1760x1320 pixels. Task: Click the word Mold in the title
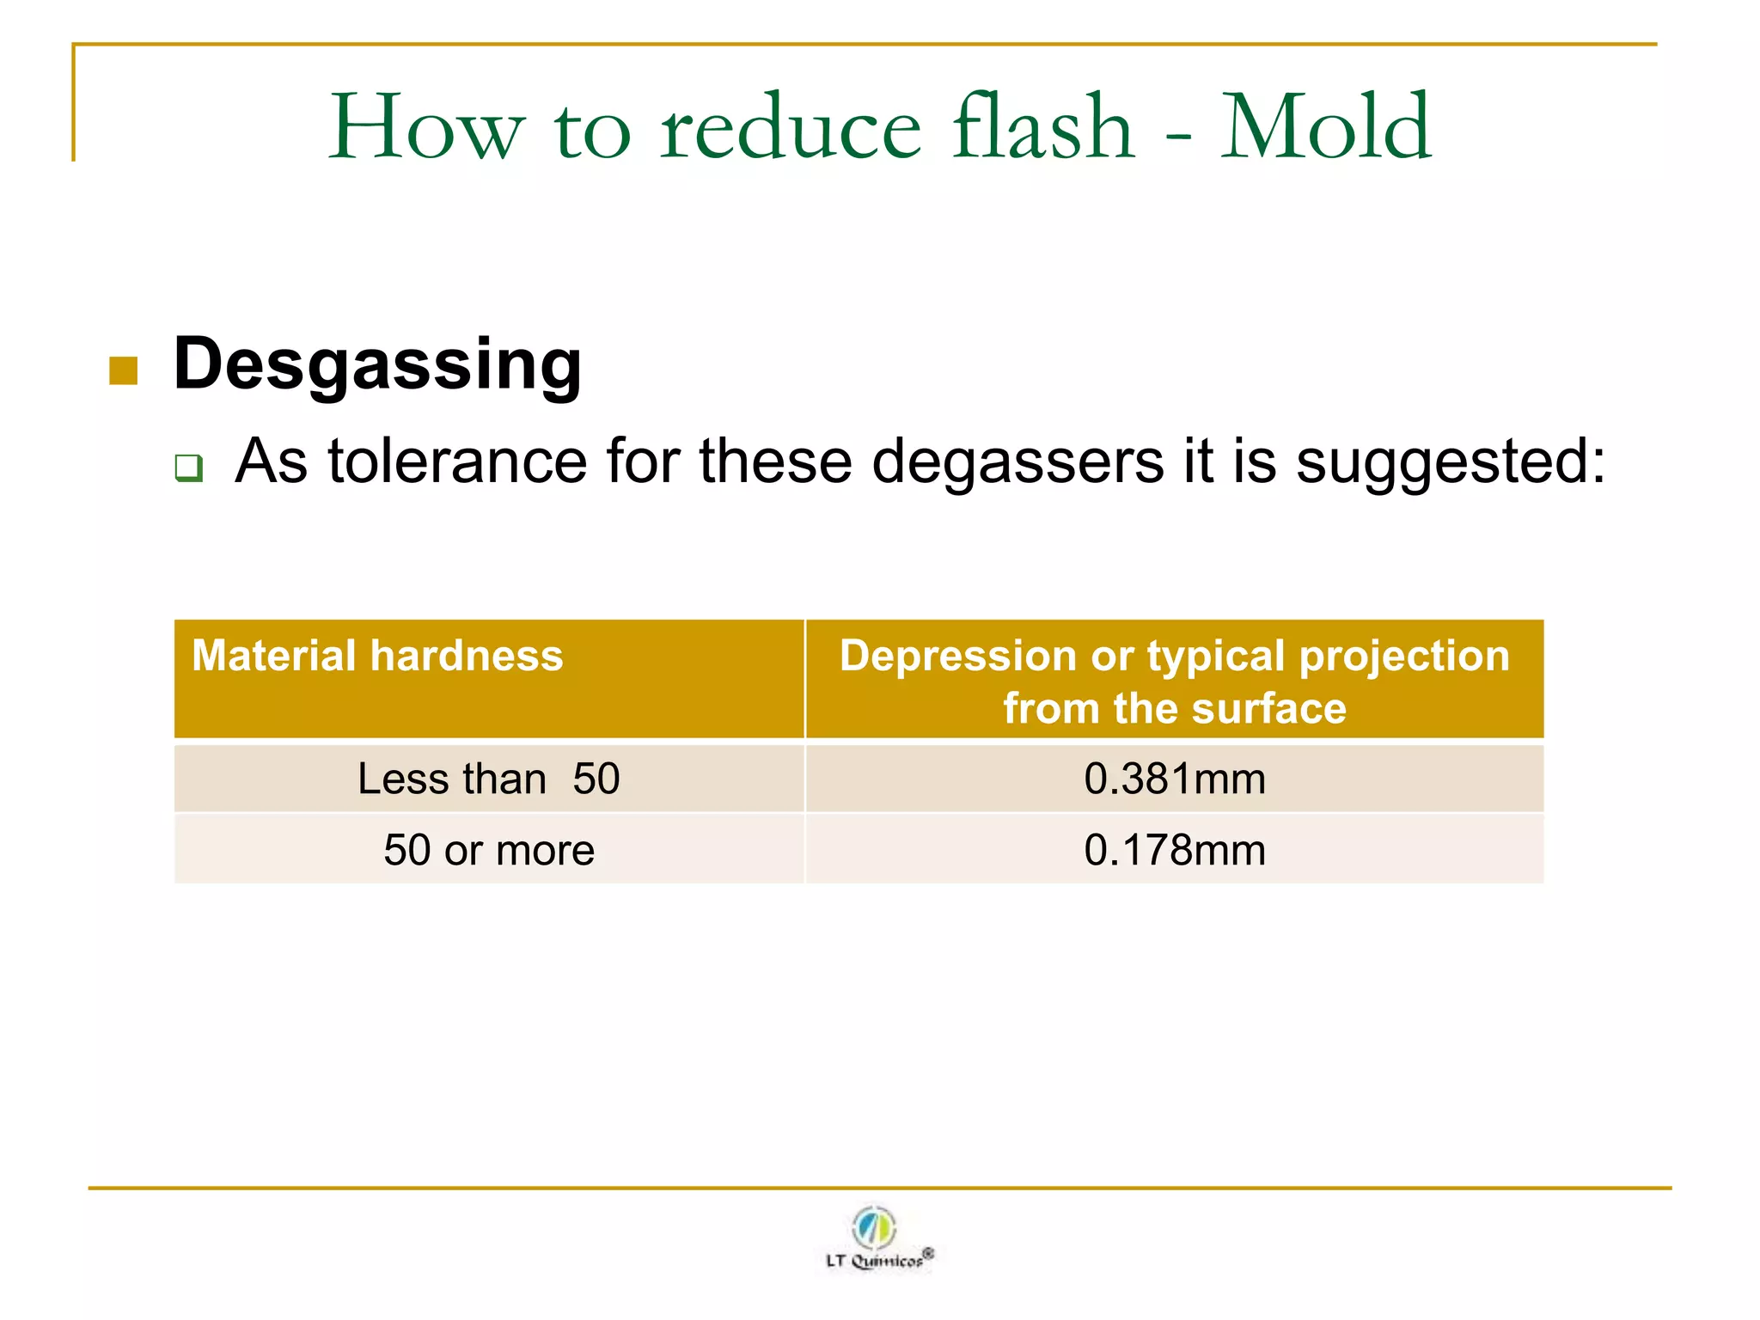[x=1325, y=128]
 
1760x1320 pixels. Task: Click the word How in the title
[x=426, y=128]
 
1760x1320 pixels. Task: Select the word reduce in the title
[x=791, y=128]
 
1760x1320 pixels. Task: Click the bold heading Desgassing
[x=377, y=364]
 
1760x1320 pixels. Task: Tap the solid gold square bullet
[x=124, y=371]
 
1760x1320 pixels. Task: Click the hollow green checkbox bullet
[x=189, y=467]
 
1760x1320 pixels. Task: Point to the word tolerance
[x=457, y=461]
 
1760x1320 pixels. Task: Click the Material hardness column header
[x=377, y=656]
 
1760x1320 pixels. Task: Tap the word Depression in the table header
[x=957, y=656]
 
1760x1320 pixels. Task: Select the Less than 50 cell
[x=488, y=779]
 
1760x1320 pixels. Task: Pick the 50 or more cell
[x=488, y=850]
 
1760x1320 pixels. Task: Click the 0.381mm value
[x=1174, y=779]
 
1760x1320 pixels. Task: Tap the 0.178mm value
[x=1174, y=850]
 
